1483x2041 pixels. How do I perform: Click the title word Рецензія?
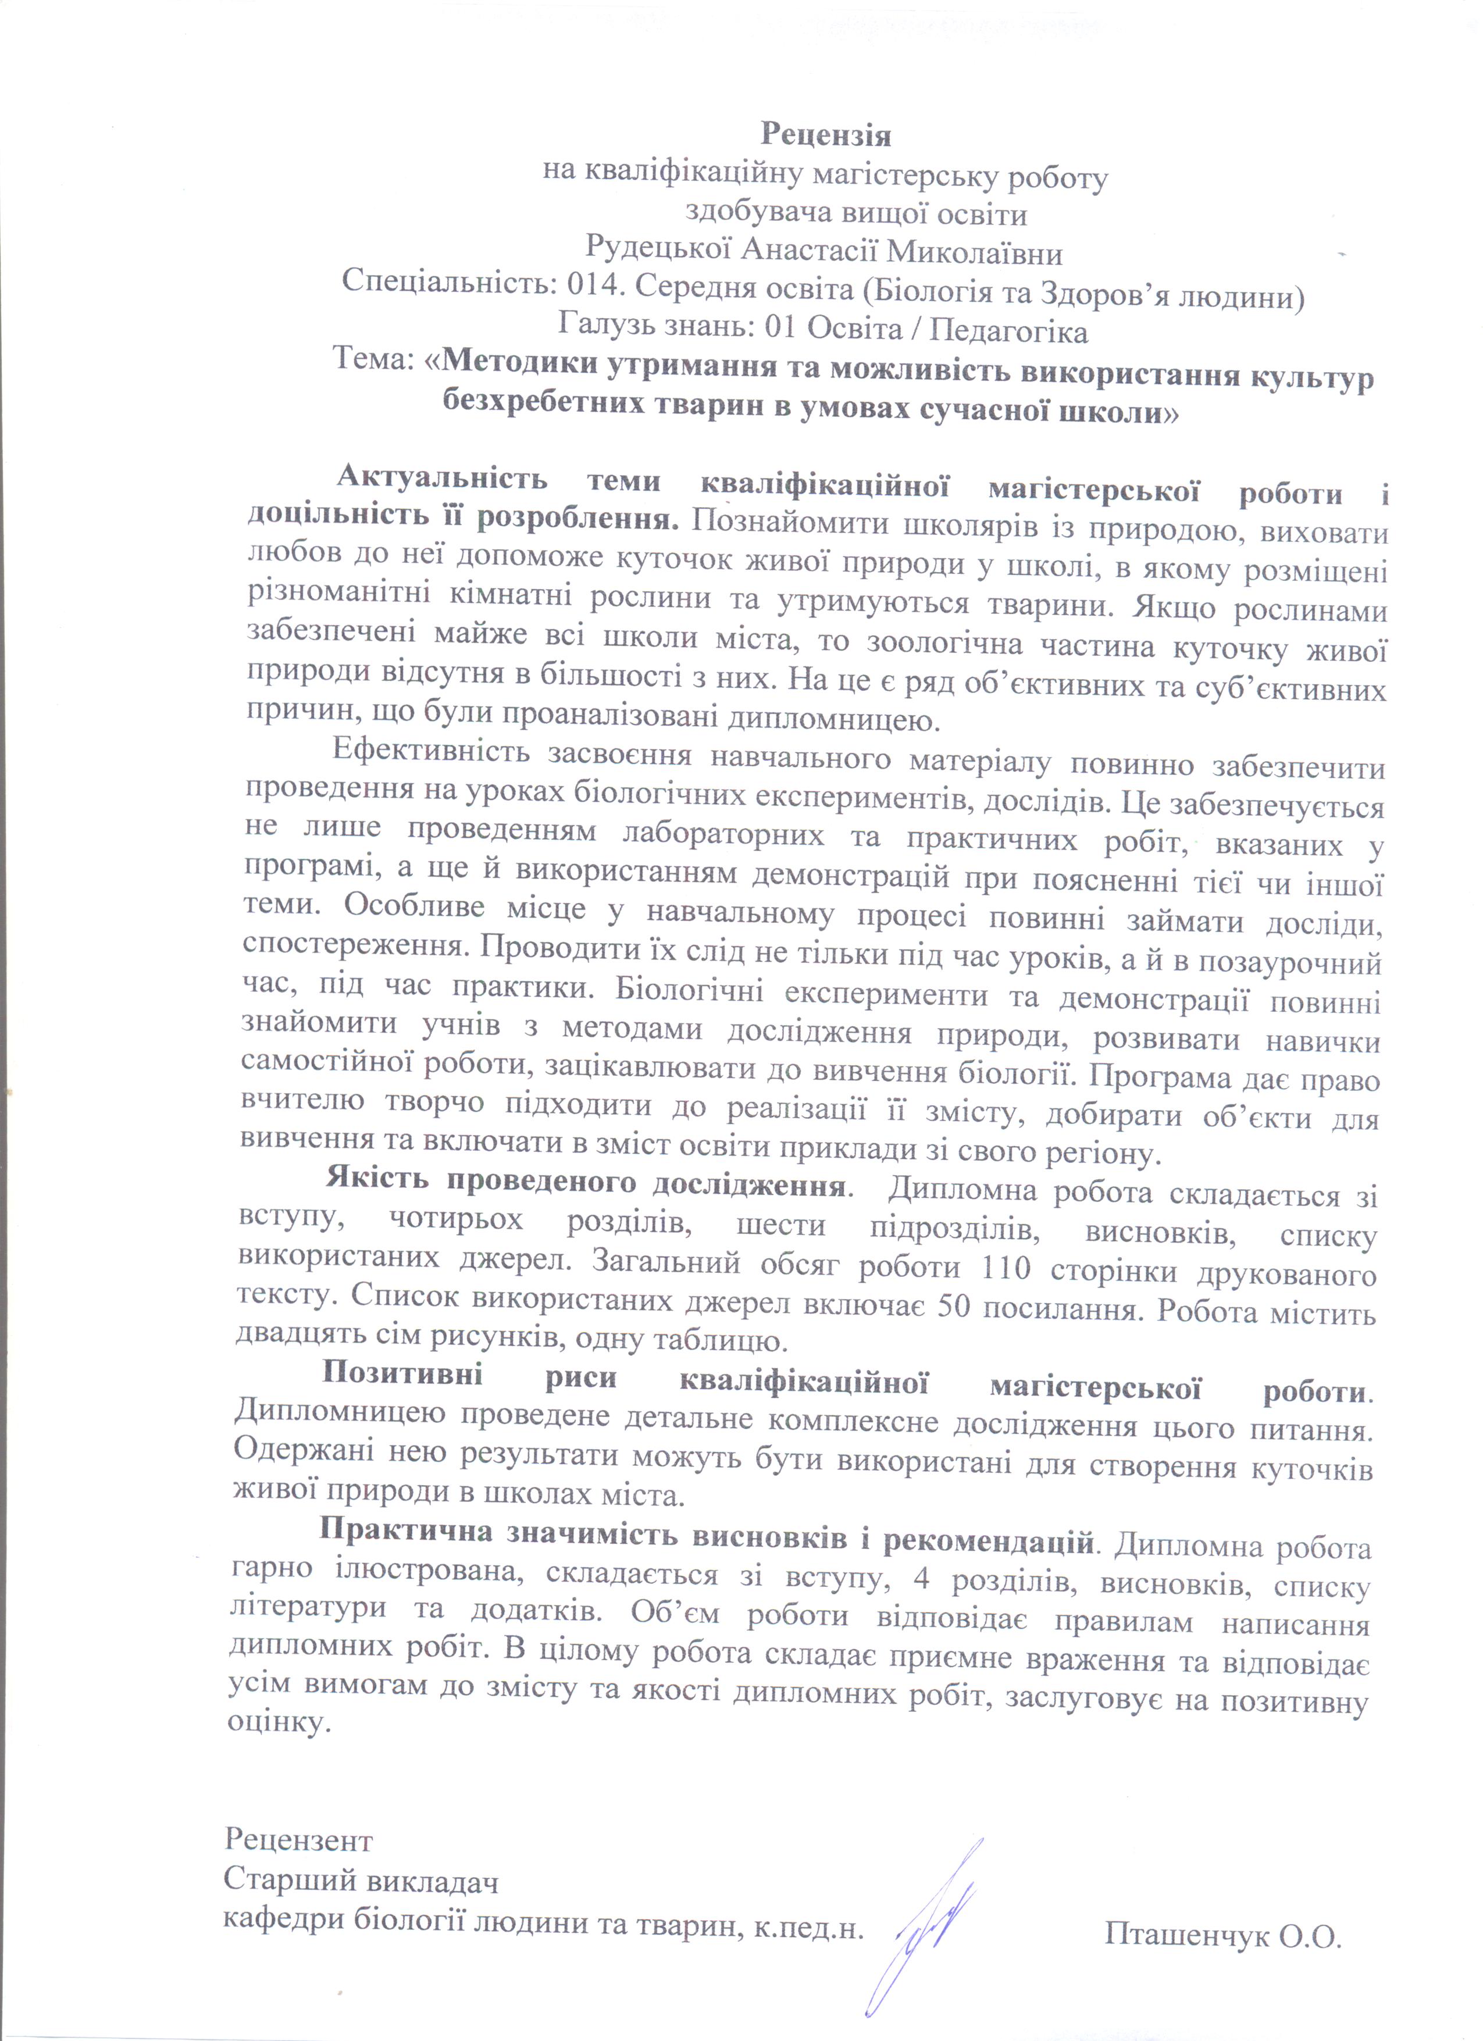click(825, 134)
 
